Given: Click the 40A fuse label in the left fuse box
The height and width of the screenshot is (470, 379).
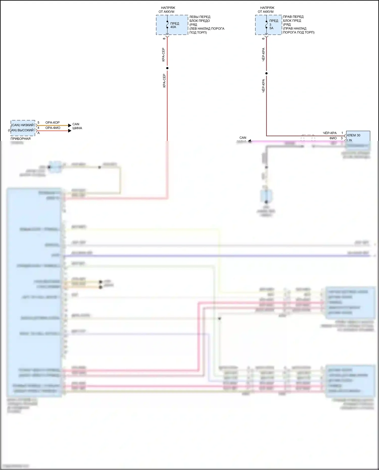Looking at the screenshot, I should tap(173, 27).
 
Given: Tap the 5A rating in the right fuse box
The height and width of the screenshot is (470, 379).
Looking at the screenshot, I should tap(271, 28).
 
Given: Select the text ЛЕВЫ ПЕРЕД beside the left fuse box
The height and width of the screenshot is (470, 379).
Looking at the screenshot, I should tap(200, 17).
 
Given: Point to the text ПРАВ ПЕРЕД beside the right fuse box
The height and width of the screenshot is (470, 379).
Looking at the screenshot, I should tap(293, 17).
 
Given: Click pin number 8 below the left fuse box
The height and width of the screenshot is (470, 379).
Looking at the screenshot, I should tap(164, 38).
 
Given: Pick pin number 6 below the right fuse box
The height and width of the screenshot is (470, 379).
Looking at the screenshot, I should tap(263, 38).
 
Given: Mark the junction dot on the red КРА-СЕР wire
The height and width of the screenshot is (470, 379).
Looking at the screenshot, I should tap(167, 68).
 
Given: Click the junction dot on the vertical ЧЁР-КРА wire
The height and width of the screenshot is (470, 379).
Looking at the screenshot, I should tap(266, 73).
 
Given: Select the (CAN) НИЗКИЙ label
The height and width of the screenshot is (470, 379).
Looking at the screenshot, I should tap(22, 125).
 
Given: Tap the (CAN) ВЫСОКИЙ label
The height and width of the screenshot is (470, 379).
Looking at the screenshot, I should tap(21, 130).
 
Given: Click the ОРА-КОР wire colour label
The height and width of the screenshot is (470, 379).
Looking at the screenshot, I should tap(53, 122).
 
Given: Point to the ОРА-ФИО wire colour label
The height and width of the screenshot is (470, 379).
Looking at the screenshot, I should tap(53, 128).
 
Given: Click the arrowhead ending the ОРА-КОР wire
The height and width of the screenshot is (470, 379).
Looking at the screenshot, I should tap(70, 126).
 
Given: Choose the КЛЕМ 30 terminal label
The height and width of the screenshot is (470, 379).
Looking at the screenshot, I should tap(354, 135).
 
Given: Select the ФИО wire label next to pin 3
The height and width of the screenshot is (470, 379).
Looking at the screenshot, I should tap(333, 138).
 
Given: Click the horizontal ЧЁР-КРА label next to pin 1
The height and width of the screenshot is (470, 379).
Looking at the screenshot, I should tap(330, 133).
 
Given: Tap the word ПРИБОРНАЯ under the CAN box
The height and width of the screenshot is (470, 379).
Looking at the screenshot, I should tap(20, 139).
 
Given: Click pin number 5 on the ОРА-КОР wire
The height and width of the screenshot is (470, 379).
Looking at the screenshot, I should tap(38, 122).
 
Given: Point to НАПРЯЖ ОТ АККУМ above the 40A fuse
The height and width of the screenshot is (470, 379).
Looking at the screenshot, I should tap(167, 10).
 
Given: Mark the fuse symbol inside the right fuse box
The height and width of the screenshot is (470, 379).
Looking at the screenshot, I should tap(266, 25).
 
